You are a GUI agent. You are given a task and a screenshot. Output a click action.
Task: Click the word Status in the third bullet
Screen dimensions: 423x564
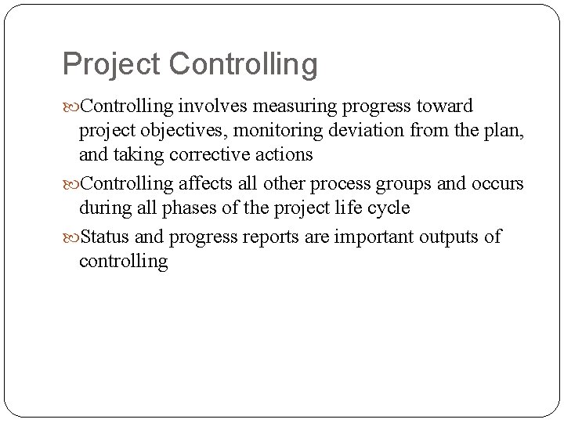pyautogui.click(x=105, y=236)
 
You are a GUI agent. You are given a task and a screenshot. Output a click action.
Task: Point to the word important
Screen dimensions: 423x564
pyautogui.click(x=373, y=237)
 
